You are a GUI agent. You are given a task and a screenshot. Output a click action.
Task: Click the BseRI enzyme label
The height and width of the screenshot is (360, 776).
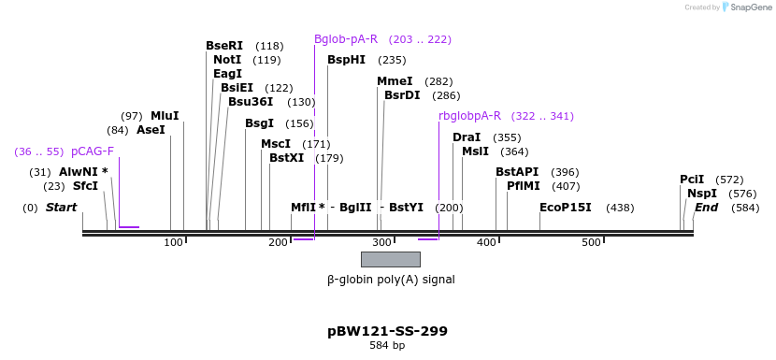pos(223,46)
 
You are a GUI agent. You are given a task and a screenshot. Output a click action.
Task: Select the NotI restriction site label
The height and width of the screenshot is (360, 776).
pos(228,60)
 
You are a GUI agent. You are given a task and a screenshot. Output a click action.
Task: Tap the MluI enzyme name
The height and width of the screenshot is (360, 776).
pos(165,116)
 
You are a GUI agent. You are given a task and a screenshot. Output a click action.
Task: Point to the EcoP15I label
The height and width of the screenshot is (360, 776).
pos(565,208)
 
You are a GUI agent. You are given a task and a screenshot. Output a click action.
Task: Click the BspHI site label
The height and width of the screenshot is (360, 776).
pos(346,60)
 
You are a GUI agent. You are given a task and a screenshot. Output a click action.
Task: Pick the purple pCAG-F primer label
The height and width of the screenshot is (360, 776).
pos(93,151)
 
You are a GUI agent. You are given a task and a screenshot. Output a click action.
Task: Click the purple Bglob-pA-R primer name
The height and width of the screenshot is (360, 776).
pos(346,39)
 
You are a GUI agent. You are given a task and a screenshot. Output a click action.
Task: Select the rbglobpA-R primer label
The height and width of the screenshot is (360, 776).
pos(469,116)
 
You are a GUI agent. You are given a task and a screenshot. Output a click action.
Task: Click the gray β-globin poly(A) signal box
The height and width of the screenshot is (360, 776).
pos(391,259)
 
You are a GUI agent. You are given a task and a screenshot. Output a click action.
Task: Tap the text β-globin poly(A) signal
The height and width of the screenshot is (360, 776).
pos(391,279)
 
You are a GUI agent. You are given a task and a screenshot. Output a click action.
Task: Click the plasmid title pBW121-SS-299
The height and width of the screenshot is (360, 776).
pos(387,331)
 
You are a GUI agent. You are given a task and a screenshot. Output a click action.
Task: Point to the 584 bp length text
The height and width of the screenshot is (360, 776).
pos(387,346)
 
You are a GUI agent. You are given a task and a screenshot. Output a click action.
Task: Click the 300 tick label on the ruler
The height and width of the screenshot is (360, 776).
pos(382,243)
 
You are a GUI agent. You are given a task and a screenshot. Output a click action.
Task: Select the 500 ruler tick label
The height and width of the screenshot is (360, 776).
pos(591,243)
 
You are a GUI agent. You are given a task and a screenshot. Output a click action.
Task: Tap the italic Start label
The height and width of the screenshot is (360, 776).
pos(62,208)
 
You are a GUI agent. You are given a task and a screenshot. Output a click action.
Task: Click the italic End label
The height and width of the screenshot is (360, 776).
pos(706,208)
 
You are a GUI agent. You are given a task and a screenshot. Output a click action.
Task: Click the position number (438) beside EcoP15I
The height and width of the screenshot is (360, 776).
pos(621,208)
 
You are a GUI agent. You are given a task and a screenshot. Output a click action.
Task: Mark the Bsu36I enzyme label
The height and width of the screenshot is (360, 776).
pos(251,102)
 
